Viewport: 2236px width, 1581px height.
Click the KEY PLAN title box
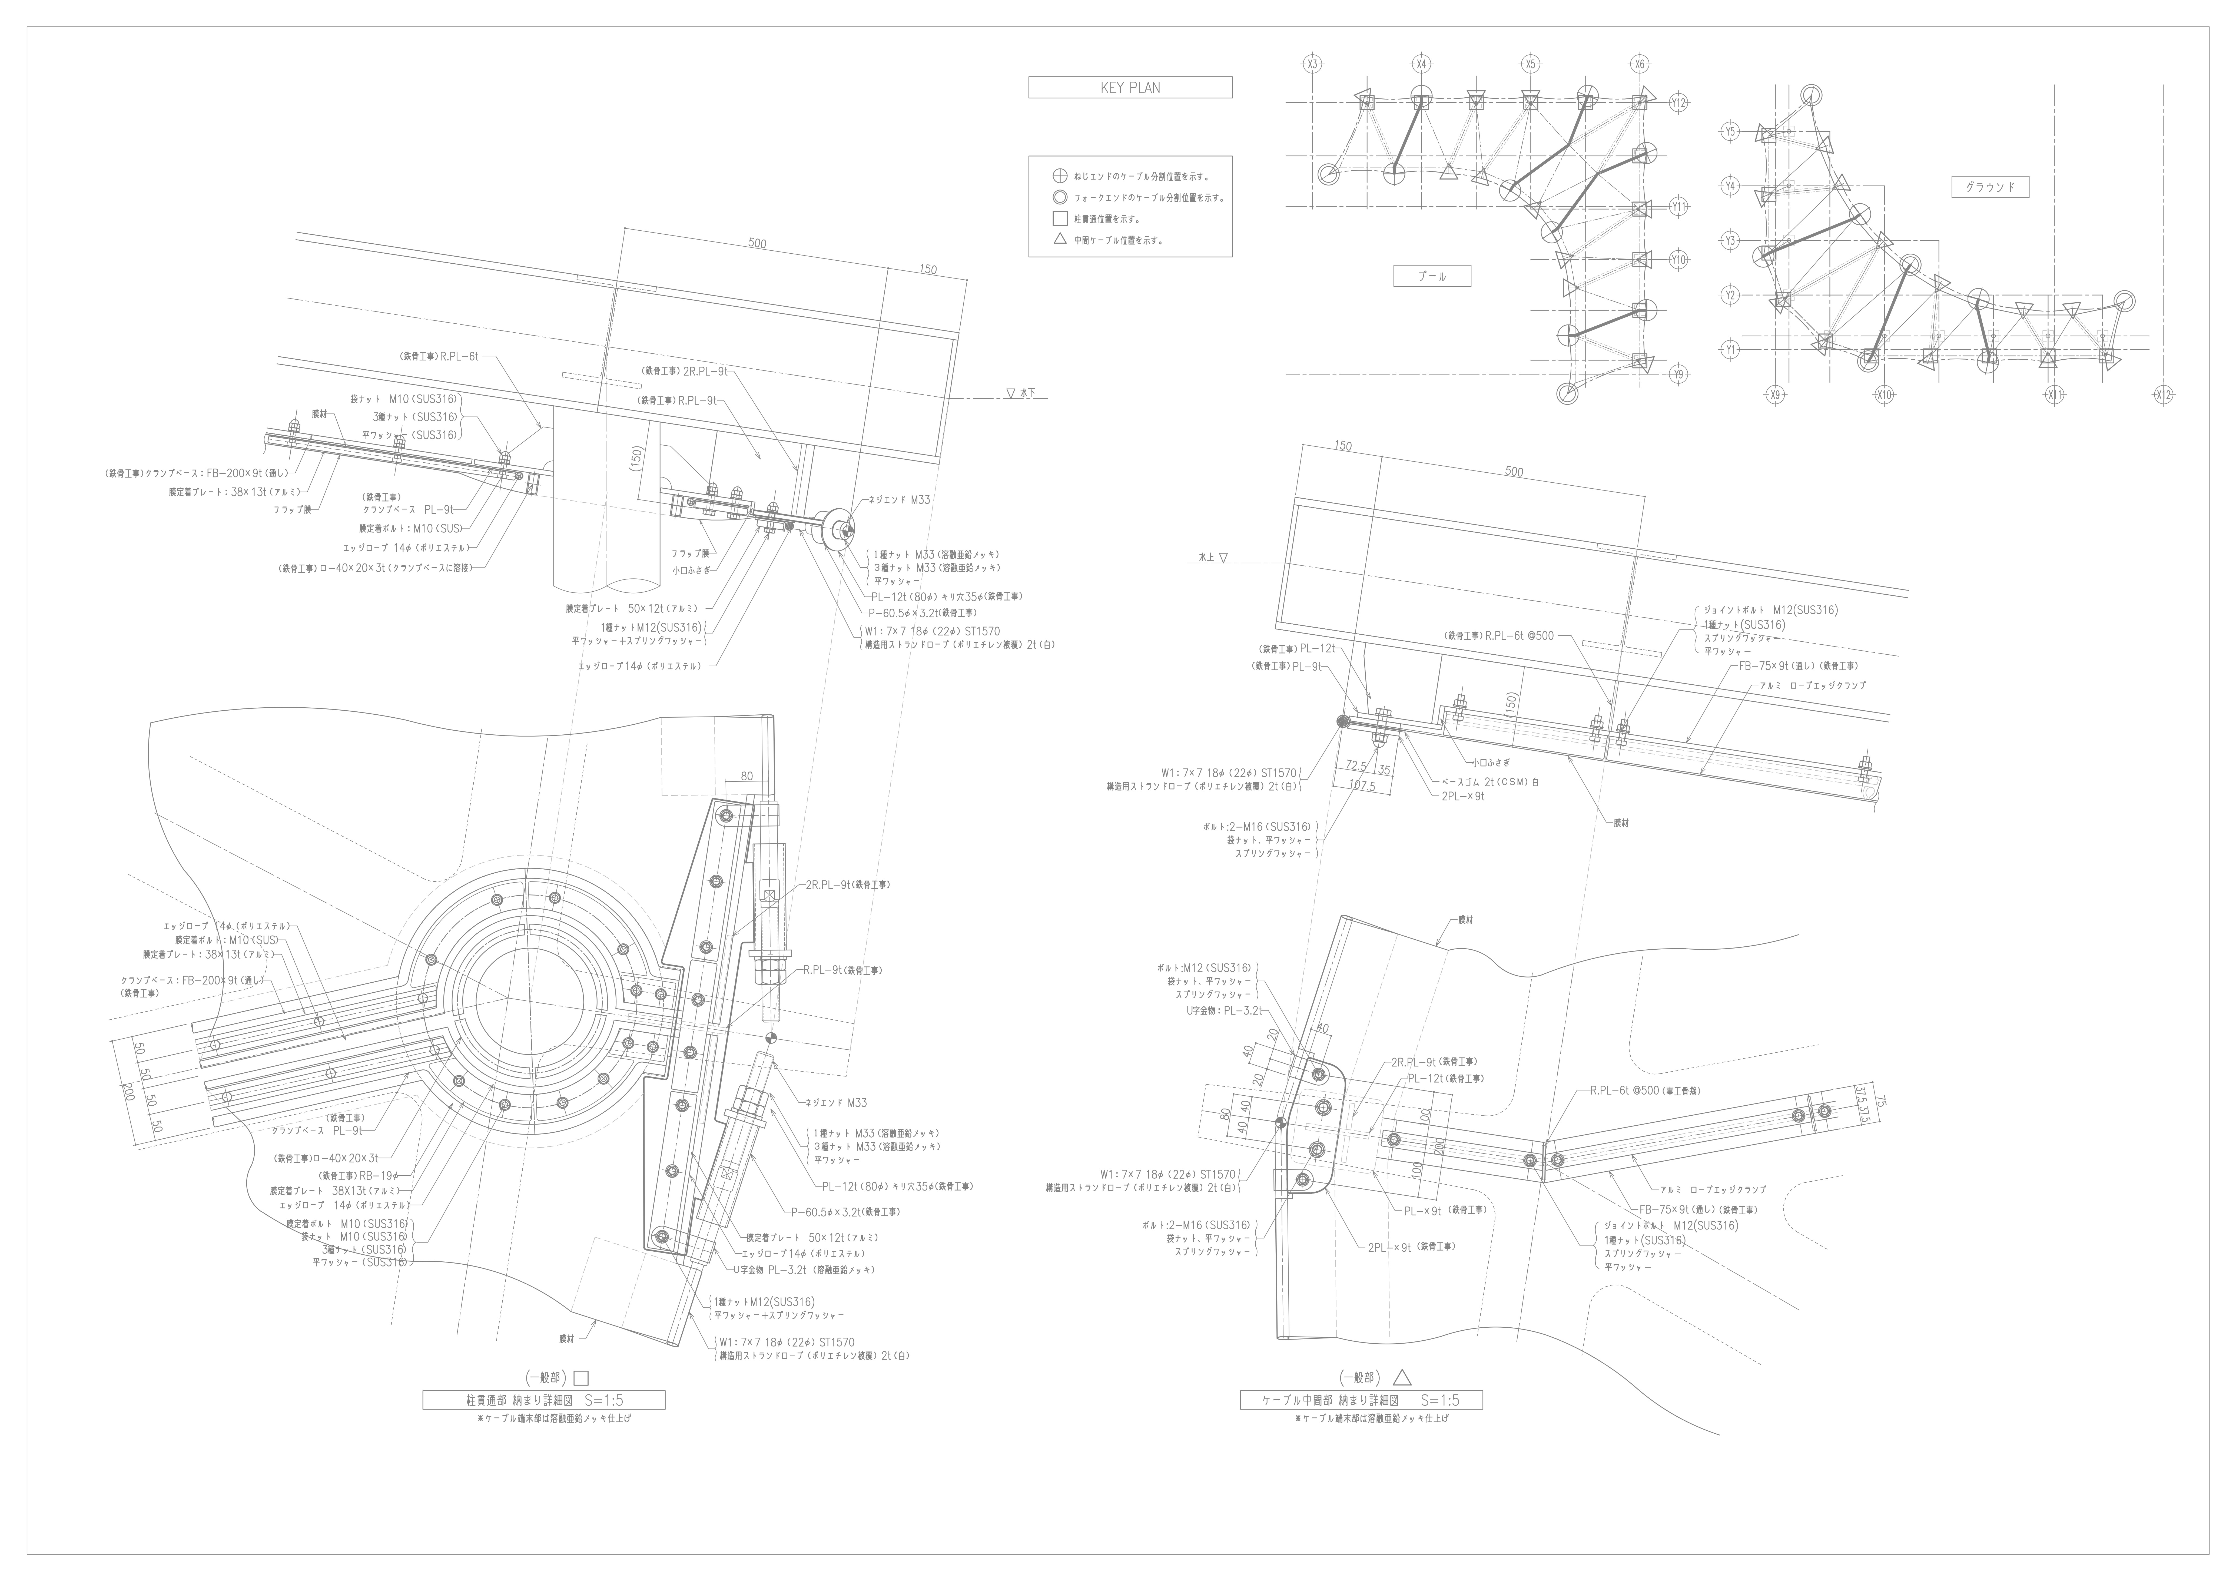[1130, 88]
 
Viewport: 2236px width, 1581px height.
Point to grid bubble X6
[1640, 64]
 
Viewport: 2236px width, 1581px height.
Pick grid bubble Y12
[1678, 101]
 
